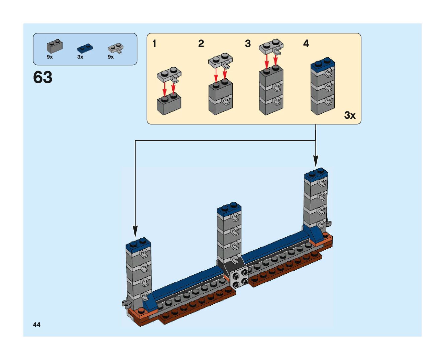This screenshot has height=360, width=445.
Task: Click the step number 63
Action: pyautogui.click(x=43, y=78)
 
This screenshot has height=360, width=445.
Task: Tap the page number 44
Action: pyautogui.click(x=37, y=325)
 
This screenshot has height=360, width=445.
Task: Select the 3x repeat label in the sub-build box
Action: pyautogui.click(x=350, y=115)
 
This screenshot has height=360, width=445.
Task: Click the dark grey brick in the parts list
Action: pyautogui.click(x=54, y=47)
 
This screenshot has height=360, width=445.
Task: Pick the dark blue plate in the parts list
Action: pyautogui.click(x=85, y=48)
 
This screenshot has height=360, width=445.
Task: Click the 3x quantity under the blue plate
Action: pyautogui.click(x=80, y=57)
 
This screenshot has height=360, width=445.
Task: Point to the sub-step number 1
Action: pyautogui.click(x=154, y=43)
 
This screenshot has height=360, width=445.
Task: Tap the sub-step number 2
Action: pyautogui.click(x=201, y=43)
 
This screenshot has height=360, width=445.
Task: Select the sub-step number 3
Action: pyautogui.click(x=248, y=43)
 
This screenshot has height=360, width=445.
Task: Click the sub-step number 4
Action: pyautogui.click(x=306, y=43)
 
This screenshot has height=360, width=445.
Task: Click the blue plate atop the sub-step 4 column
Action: pyautogui.click(x=323, y=64)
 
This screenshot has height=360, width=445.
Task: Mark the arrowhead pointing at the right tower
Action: pyautogui.click(x=316, y=161)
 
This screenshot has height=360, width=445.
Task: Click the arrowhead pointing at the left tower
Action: pyautogui.click(x=135, y=232)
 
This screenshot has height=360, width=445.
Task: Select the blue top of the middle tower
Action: pyautogui.click(x=229, y=208)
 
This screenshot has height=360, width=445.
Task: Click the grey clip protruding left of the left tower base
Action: pyautogui.click(x=126, y=303)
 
